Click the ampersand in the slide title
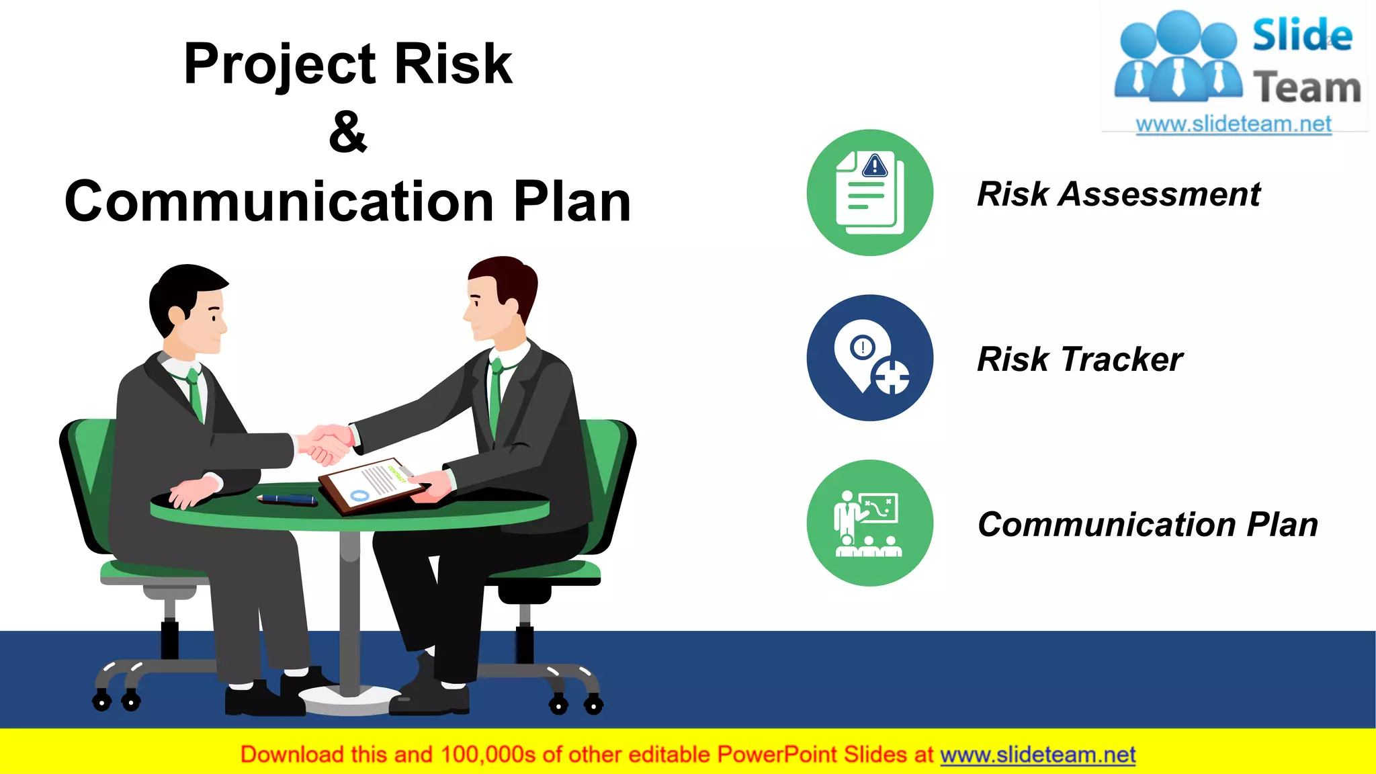coord(348,132)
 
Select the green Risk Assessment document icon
coord(869,193)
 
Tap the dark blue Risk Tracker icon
coord(869,357)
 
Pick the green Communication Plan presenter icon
coord(869,523)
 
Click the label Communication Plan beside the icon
coord(1147,524)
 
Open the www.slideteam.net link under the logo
coord(1233,124)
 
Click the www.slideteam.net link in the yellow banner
coord(1037,755)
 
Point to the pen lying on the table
coord(288,499)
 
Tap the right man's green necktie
coord(495,396)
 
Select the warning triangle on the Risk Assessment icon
coord(875,165)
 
